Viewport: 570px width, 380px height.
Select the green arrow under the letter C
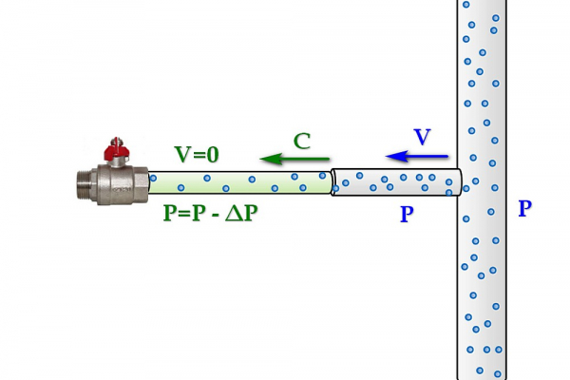point(295,158)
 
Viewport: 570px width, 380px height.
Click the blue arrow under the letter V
point(409,156)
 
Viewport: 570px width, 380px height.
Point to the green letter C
point(302,142)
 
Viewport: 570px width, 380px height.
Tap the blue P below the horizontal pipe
point(407,215)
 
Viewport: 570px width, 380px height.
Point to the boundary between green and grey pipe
point(332,181)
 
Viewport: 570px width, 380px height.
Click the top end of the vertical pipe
point(482,6)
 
